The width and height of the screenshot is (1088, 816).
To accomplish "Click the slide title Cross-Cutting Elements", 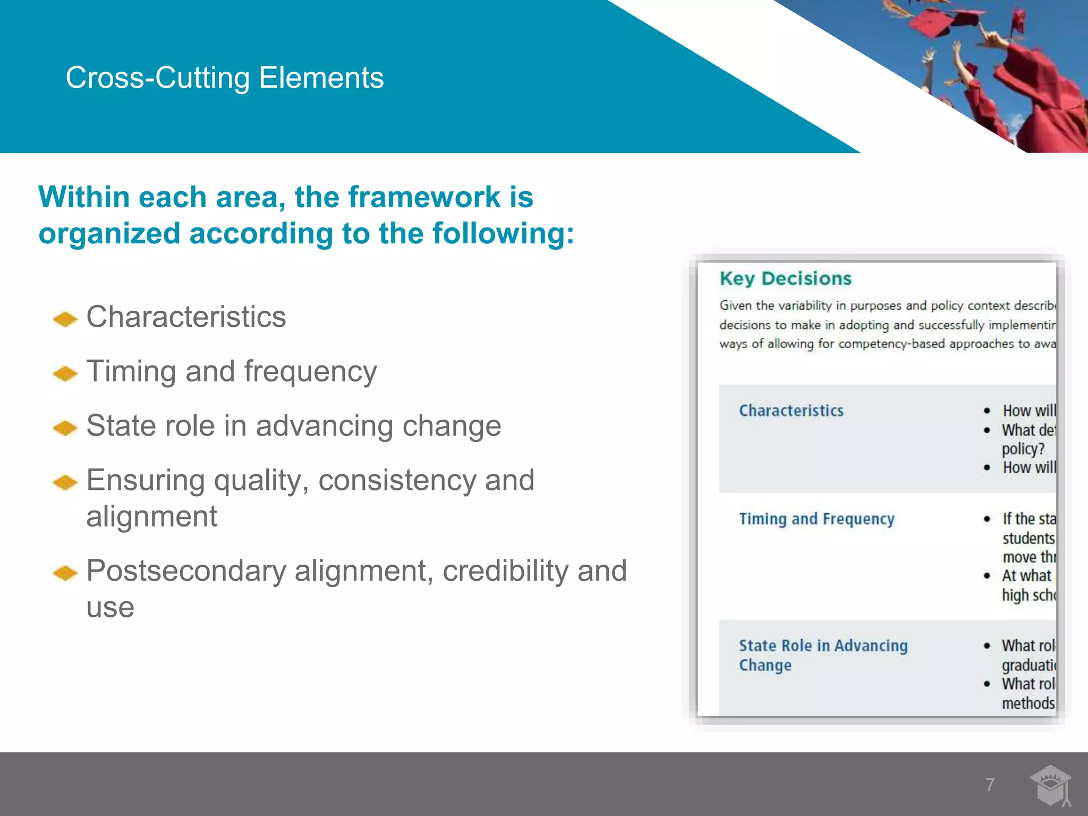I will [224, 78].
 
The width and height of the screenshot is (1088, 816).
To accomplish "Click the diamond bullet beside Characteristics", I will [65, 319].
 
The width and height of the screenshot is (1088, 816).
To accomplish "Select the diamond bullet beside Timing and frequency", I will [65, 373].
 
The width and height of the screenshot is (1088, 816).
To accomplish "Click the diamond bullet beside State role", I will [65, 428].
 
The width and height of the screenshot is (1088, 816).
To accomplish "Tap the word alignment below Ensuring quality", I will [151, 517].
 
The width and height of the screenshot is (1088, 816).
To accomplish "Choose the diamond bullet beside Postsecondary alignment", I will [65, 573].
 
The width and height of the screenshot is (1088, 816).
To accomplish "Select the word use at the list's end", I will [110, 608].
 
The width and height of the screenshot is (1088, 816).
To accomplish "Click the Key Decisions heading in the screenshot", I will [785, 278].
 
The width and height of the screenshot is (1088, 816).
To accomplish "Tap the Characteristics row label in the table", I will [791, 411].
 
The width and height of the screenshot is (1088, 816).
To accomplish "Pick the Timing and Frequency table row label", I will [817, 519].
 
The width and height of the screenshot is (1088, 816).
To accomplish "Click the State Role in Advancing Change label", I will [823, 655].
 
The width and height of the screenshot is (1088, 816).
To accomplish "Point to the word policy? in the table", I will [1023, 449].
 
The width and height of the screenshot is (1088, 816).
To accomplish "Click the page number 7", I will [990, 785].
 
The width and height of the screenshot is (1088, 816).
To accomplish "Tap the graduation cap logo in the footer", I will [1050, 785].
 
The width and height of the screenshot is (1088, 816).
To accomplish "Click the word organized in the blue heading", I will [109, 234].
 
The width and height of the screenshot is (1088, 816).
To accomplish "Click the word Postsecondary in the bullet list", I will [186, 571].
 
